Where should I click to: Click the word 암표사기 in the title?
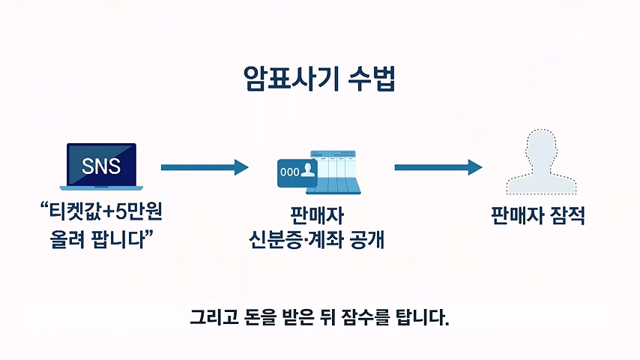291,78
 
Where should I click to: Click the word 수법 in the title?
372,78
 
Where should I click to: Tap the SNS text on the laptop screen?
101,166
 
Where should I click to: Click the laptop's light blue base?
102,188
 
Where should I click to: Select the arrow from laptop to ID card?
205,167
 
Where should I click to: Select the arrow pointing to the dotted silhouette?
438,167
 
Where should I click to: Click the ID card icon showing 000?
297,172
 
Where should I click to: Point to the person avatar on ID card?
309,169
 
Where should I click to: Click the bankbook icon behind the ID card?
336,172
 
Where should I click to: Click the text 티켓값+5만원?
106,211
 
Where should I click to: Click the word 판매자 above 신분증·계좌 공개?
317,215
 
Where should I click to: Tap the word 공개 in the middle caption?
367,240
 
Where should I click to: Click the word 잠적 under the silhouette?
568,215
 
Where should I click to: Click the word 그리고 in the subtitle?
214,317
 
